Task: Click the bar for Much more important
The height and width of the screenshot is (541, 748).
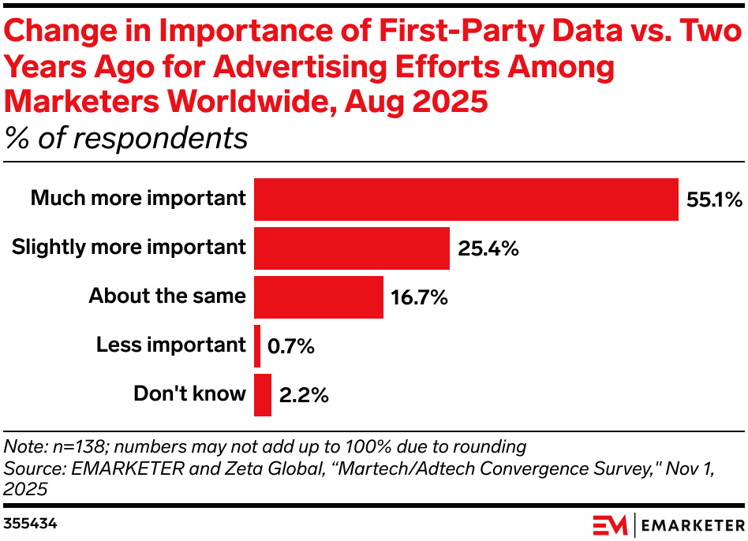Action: tap(466, 200)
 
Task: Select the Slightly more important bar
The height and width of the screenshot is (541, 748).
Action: tap(351, 248)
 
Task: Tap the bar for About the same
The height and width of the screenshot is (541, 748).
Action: tap(318, 297)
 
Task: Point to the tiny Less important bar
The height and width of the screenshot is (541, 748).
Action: tap(257, 346)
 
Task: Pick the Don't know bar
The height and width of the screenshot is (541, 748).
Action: tap(263, 395)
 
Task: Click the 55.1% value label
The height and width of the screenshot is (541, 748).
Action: tap(712, 200)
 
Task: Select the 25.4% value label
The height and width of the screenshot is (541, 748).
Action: tap(488, 248)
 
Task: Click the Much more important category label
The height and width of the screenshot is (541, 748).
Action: tap(138, 198)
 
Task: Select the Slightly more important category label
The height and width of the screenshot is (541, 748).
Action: tap(129, 247)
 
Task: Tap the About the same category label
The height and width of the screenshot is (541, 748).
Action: tap(167, 296)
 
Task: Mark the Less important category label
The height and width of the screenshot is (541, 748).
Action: tap(171, 345)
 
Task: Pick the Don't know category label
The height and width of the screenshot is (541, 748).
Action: tap(189, 394)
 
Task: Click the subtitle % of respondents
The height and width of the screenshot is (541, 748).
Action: tap(126, 138)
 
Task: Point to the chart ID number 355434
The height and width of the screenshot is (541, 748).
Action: tap(29, 523)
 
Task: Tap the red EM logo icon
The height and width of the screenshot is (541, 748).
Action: tap(610, 524)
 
